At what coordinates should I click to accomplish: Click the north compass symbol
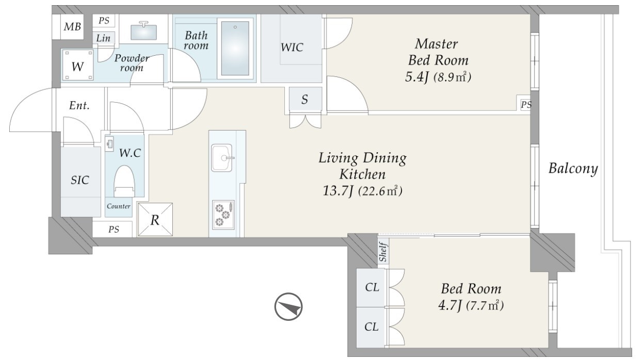click(288, 306)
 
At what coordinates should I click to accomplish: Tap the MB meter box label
click(72, 27)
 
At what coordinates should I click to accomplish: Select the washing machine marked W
click(78, 65)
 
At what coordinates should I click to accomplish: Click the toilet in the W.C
click(124, 182)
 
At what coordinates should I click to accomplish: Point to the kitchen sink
click(222, 158)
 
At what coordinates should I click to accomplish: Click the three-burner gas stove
click(223, 215)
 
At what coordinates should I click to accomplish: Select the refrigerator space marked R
click(155, 220)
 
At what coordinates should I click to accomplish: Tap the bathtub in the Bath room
click(235, 48)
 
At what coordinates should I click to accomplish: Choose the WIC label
click(292, 47)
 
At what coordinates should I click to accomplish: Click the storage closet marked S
click(305, 99)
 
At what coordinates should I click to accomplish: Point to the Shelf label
click(383, 252)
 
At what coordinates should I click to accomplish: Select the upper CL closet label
click(372, 287)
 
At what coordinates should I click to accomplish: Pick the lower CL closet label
click(371, 326)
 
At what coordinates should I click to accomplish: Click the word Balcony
click(573, 168)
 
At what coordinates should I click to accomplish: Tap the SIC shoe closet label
click(80, 180)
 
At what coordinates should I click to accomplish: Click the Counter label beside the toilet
click(119, 206)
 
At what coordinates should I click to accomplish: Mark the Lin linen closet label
click(103, 38)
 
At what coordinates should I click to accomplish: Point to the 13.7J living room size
click(338, 190)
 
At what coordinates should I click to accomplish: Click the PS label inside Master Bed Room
click(526, 105)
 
